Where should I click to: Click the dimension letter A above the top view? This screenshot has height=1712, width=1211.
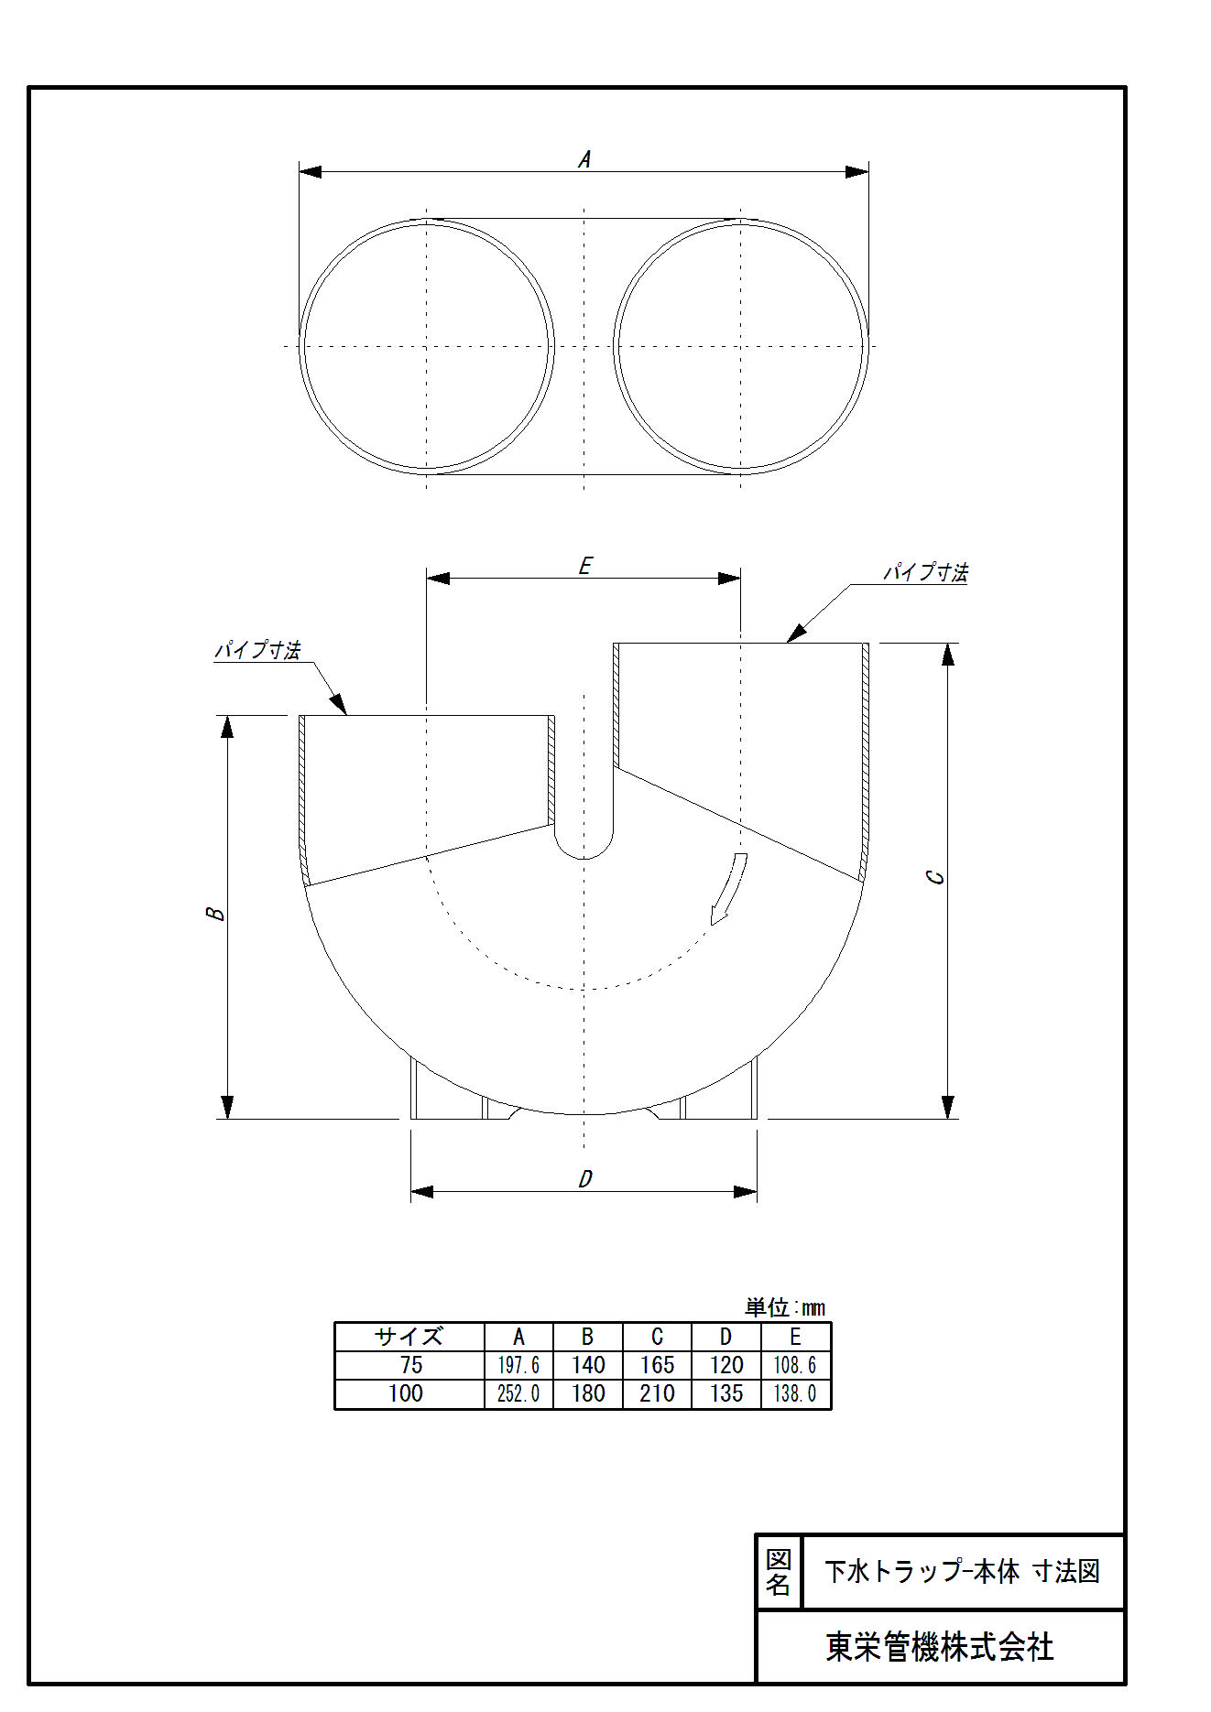[x=584, y=159]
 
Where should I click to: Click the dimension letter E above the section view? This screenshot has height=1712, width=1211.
[x=585, y=566]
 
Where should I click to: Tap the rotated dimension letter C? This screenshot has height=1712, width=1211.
[x=935, y=877]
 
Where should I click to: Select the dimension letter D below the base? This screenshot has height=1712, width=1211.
[x=585, y=1179]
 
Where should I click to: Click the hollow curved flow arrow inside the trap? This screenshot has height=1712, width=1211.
[x=729, y=888]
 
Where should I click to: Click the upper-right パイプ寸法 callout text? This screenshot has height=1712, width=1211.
[x=925, y=572]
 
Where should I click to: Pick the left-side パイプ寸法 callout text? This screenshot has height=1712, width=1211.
[x=257, y=650]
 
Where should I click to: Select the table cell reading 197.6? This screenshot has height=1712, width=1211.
[x=518, y=1365]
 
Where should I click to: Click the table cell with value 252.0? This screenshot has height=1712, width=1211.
[x=518, y=1393]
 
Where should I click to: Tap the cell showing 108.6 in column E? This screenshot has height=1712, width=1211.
[x=795, y=1365]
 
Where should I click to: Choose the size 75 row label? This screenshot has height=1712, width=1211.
[x=410, y=1365]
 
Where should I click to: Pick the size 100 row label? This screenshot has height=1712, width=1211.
[x=406, y=1393]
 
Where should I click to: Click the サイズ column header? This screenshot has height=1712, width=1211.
[x=409, y=1337]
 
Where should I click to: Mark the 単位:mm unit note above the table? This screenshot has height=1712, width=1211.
[x=785, y=1307]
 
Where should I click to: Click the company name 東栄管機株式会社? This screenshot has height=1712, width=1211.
[x=940, y=1648]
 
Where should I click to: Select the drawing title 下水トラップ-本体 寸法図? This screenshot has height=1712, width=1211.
[x=962, y=1572]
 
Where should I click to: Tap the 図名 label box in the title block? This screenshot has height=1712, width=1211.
[x=779, y=1572]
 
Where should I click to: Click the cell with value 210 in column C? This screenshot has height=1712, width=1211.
[x=657, y=1393]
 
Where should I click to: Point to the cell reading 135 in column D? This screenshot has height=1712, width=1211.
[x=726, y=1393]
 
